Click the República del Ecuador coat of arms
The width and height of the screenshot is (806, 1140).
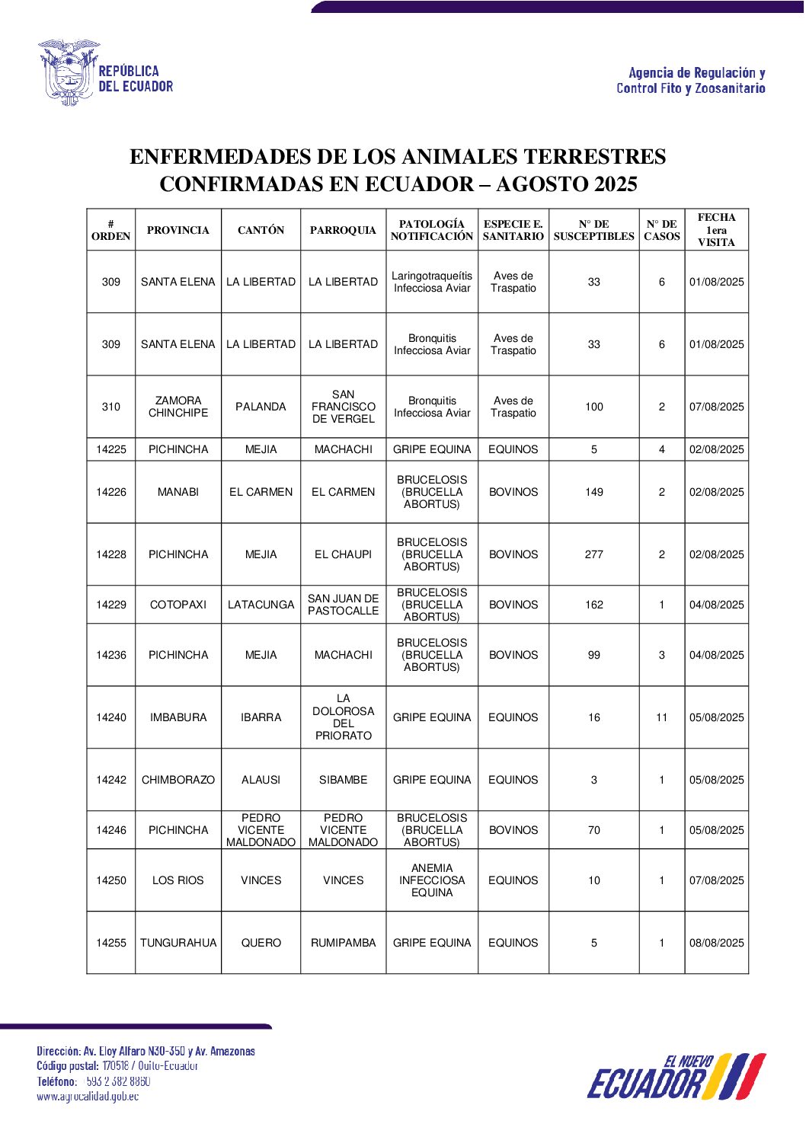[x=68, y=73]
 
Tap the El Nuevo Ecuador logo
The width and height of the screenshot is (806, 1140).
[x=676, y=1077]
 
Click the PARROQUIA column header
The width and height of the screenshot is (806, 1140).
[x=343, y=230]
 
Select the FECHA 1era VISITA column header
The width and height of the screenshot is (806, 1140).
[x=716, y=230]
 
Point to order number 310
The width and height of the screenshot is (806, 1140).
[x=111, y=407]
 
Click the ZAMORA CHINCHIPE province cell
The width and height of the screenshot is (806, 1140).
[x=178, y=407]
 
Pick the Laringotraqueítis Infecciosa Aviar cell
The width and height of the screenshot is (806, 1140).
[x=432, y=282]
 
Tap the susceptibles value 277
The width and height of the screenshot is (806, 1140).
[x=594, y=554]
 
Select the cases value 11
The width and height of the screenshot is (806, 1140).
[x=661, y=717]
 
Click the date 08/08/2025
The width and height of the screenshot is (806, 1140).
[x=716, y=943]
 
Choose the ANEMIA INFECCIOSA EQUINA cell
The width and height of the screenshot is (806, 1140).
[x=432, y=880]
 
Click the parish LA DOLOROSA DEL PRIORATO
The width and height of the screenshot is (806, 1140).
[x=343, y=717]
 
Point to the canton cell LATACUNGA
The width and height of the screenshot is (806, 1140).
[x=261, y=605]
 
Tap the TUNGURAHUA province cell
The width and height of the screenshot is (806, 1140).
[x=178, y=943]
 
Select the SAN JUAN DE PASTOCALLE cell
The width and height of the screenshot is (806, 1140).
[x=343, y=605]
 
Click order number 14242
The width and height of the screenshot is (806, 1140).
[x=111, y=780]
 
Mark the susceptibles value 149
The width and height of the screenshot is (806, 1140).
[x=594, y=492]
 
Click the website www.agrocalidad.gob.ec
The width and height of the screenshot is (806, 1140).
[x=88, y=1097]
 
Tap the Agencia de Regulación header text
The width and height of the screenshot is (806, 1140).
[x=696, y=73]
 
